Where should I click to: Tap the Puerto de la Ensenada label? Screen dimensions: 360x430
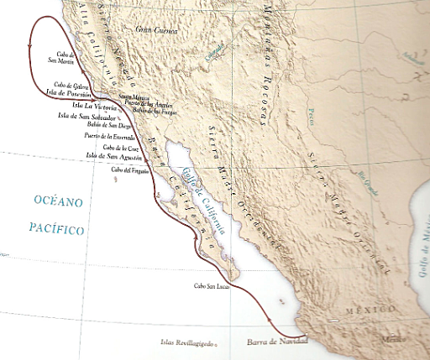click(109, 136)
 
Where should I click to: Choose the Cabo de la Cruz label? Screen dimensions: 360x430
click(109, 147)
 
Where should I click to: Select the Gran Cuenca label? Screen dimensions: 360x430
click(155, 29)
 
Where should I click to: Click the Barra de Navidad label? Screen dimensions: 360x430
click(273, 342)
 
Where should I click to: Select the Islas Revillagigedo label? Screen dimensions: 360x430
click(189, 342)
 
